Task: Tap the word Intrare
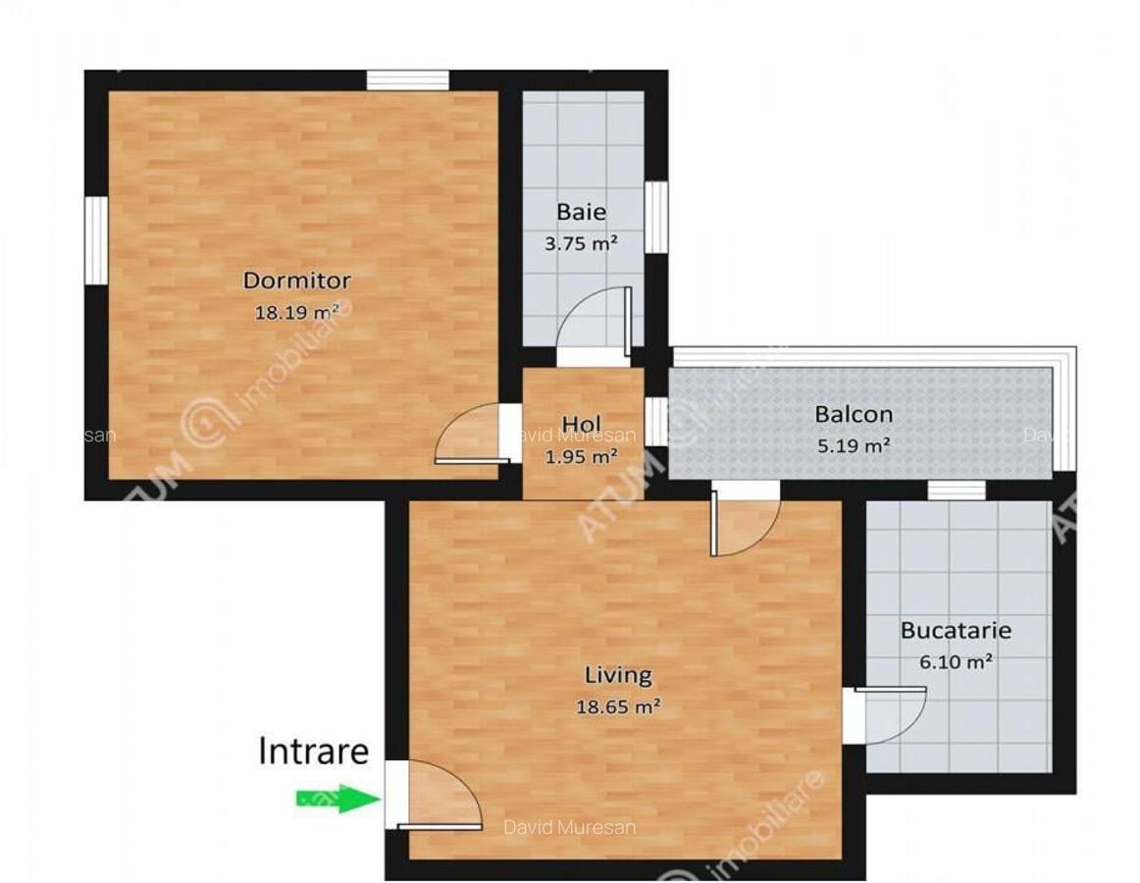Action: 314,751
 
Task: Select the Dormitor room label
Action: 296,281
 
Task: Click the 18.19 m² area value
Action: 296,312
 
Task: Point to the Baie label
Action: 581,212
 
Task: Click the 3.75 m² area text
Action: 581,242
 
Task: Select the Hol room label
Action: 581,425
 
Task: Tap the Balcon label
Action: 854,414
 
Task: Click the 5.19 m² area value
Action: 854,444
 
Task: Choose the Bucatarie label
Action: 956,631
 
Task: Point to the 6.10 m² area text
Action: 956,661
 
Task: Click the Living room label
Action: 618,675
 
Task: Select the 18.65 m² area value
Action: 618,705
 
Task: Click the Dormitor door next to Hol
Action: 469,436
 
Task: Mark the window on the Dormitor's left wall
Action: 95,240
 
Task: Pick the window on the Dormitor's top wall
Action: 407,79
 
